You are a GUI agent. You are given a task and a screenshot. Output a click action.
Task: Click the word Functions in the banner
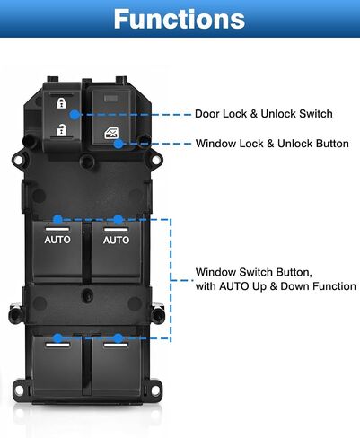[180, 19]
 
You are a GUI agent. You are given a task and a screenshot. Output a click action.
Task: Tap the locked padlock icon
[61, 103]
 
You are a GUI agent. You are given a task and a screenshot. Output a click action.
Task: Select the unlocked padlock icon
[61, 130]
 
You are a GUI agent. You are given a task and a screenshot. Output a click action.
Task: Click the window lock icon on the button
[111, 133]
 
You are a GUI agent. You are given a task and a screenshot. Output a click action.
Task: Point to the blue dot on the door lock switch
[75, 114]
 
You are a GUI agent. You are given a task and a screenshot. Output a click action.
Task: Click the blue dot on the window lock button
[119, 144]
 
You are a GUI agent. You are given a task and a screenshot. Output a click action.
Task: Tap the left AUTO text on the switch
[57, 240]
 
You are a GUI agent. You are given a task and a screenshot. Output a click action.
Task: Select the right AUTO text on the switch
[116, 240]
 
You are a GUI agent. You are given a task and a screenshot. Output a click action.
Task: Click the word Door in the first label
[206, 114]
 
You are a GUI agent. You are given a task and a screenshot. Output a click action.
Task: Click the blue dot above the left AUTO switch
[57, 220]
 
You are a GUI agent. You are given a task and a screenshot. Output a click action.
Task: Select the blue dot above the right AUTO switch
[119, 220]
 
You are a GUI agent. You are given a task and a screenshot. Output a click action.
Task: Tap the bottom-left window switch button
[57, 365]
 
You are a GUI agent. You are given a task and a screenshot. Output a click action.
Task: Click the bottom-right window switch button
[116, 365]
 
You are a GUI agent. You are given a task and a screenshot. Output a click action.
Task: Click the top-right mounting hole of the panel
[156, 160]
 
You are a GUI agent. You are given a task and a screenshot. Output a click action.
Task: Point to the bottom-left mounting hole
[19, 390]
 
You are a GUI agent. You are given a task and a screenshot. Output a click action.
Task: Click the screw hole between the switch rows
[87, 294]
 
